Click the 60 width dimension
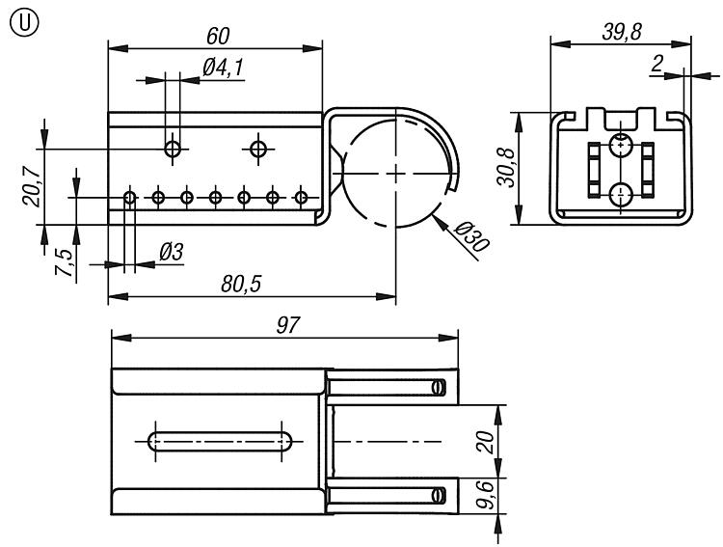pyautogui.click(x=218, y=35)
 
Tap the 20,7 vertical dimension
pyautogui.click(x=30, y=185)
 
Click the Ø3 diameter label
pyautogui.click(x=171, y=252)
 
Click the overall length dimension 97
pyautogui.click(x=285, y=325)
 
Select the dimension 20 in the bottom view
pyautogui.click(x=486, y=442)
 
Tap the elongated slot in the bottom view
pyautogui.click(x=221, y=442)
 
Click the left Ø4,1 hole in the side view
pyautogui.click(x=174, y=149)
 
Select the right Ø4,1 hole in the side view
pyautogui.click(x=257, y=149)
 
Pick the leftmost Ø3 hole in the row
pyautogui.click(x=130, y=198)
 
